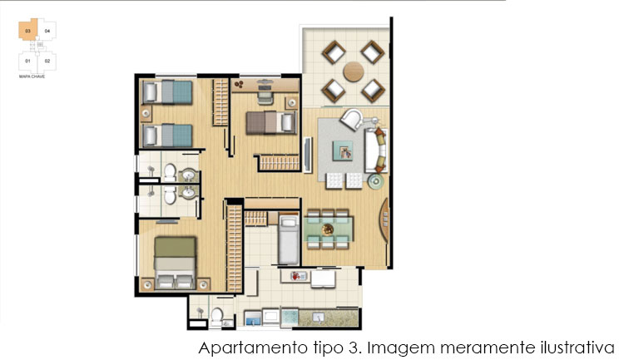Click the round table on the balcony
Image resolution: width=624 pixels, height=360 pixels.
(x=354, y=72)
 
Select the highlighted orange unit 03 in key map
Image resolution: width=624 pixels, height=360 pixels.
(x=27, y=30)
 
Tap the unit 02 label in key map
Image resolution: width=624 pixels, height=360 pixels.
(x=47, y=61)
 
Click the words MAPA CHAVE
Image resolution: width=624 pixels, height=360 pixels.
(x=32, y=76)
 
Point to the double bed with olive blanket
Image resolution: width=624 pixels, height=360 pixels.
(x=175, y=263)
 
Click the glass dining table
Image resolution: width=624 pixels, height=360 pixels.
(x=329, y=229)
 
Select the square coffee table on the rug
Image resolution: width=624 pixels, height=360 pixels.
(x=343, y=150)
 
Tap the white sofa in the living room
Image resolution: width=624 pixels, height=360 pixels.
(x=376, y=150)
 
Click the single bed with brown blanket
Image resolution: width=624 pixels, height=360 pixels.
(x=271, y=122)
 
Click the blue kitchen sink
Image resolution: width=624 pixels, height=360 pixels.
(x=253, y=318)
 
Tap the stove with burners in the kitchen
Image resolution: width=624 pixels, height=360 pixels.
(x=290, y=317)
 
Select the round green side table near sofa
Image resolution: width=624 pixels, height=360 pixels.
(x=376, y=181)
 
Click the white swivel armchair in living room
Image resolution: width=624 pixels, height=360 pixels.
(x=352, y=120)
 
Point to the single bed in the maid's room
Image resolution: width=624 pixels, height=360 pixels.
(x=289, y=240)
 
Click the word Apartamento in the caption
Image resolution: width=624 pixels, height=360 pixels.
(x=251, y=348)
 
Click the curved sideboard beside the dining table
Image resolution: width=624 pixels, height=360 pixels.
(x=384, y=220)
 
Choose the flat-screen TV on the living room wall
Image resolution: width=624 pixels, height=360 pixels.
(x=307, y=155)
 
